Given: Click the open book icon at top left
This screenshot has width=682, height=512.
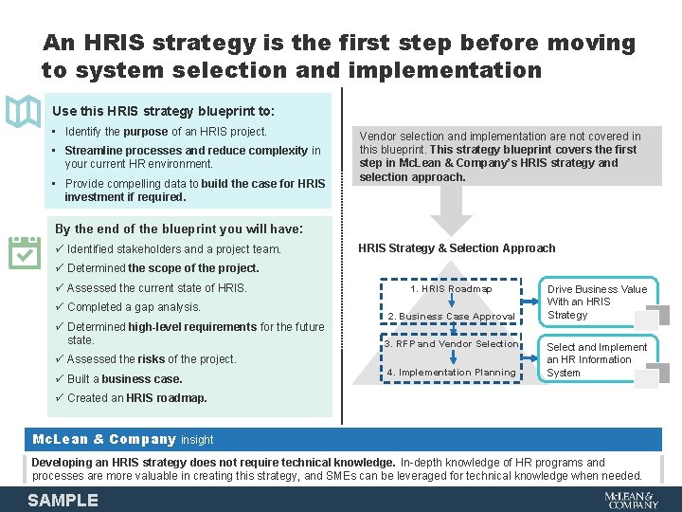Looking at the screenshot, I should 23,111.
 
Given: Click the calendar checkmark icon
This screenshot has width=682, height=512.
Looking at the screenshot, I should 25,252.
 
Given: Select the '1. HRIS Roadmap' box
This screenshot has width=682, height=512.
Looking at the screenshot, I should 451,289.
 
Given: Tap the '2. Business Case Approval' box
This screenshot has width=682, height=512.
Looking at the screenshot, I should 452,317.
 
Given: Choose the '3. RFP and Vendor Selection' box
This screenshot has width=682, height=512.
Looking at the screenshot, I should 452,344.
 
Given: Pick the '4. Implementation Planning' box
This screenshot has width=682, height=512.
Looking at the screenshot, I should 452,373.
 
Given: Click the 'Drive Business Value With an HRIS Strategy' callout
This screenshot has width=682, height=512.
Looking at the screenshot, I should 597,302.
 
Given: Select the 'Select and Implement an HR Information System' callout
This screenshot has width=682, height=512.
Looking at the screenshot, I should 597,360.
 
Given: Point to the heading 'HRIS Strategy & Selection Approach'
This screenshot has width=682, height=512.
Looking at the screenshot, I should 457,248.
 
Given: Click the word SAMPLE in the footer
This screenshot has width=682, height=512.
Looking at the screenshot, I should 63,500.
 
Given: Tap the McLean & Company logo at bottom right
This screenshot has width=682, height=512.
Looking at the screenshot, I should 631,500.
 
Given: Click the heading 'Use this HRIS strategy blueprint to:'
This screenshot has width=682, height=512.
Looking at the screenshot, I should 163,111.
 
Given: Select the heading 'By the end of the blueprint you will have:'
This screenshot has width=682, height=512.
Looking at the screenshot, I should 179,229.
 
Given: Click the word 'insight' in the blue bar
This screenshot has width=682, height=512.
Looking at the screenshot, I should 197,440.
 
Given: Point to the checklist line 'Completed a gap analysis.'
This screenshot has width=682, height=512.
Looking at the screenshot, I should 134,307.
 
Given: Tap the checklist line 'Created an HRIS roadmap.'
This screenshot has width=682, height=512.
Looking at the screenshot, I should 136,398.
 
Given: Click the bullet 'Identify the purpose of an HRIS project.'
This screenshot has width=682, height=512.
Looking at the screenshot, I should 166,132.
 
